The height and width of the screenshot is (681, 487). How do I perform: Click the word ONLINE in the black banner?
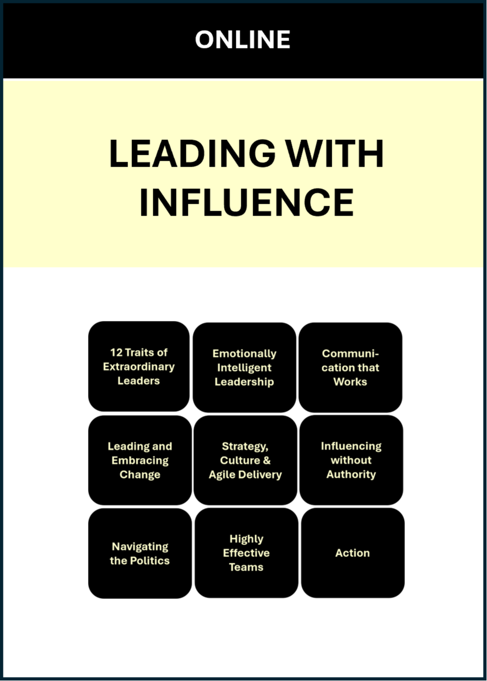pyautogui.click(x=243, y=40)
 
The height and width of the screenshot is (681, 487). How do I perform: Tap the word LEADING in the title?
pyautogui.click(x=192, y=153)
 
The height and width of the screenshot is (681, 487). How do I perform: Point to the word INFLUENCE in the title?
pyautogui.click(x=246, y=202)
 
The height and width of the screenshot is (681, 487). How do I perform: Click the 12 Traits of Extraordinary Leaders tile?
pyautogui.click(x=139, y=366)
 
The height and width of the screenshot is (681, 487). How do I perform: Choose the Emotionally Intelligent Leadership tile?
pyautogui.click(x=244, y=367)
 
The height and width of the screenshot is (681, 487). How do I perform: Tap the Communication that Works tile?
pyautogui.click(x=350, y=367)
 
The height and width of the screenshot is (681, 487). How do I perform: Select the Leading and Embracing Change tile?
pyautogui.click(x=140, y=460)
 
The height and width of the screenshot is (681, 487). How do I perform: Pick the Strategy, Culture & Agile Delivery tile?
pyautogui.click(x=245, y=460)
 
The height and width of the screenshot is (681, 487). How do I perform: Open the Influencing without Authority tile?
pyautogui.click(x=351, y=460)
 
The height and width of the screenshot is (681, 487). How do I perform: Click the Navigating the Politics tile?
pyautogui.click(x=140, y=553)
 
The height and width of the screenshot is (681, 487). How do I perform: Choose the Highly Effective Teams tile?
pyautogui.click(x=246, y=553)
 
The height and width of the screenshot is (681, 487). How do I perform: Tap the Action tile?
pyautogui.click(x=353, y=553)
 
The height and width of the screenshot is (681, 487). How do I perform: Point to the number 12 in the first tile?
pyautogui.click(x=116, y=352)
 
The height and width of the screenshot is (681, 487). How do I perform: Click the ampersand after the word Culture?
pyautogui.click(x=267, y=460)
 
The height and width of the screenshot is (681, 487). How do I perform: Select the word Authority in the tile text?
pyautogui.click(x=351, y=474)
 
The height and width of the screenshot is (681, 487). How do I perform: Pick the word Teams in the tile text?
pyautogui.click(x=246, y=567)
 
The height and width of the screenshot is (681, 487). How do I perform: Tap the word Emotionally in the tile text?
pyautogui.click(x=244, y=354)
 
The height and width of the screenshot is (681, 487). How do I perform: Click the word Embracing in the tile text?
pyautogui.click(x=140, y=460)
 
